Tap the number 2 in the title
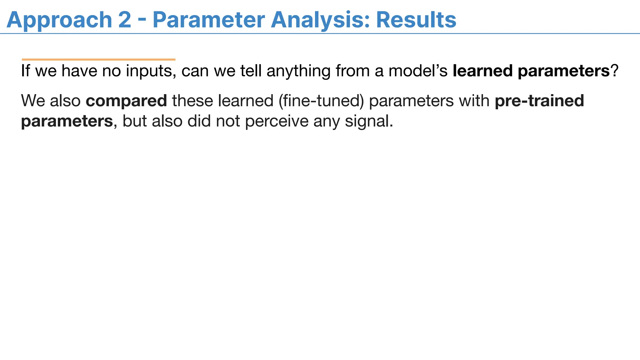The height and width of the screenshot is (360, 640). pyautogui.click(x=124, y=20)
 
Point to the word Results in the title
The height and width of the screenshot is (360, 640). pyautogui.click(x=416, y=20)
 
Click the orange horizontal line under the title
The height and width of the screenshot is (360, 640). pyautogui.click(x=98, y=59)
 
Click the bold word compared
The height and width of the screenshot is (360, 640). pyautogui.click(x=126, y=101)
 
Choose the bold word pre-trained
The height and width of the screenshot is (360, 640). pyautogui.click(x=539, y=101)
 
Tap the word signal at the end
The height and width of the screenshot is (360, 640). pyautogui.click(x=369, y=121)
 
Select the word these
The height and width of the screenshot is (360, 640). pyautogui.click(x=192, y=101)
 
